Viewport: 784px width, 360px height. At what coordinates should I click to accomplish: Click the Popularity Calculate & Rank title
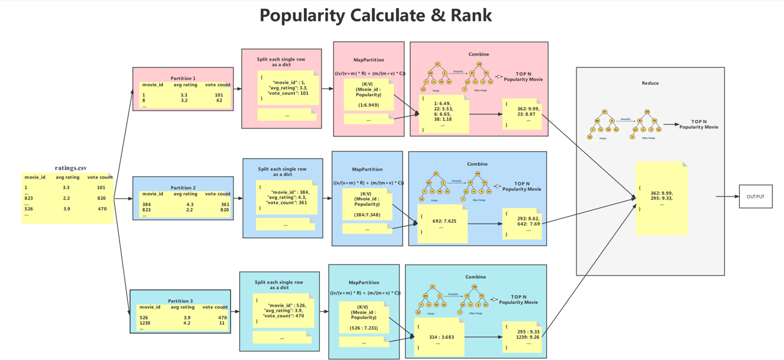coord(375,15)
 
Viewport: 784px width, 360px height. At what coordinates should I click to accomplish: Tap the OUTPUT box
coord(755,197)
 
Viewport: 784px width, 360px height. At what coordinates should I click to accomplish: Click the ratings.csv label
coord(70,168)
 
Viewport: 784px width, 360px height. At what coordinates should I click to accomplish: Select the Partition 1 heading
coord(183,78)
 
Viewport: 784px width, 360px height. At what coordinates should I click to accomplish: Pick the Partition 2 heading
coord(183,188)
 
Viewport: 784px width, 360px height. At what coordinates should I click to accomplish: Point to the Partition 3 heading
coord(180,301)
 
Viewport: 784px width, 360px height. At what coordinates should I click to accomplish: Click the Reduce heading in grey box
coord(650,83)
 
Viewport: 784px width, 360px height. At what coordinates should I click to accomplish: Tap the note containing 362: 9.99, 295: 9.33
coord(661,197)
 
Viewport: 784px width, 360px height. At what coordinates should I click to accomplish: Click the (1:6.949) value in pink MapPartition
coord(368,105)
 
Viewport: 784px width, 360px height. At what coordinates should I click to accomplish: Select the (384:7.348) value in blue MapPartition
coord(367,215)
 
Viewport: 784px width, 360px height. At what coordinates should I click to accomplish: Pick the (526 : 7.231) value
coord(364,328)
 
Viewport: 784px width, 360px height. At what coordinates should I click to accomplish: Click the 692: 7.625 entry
coord(444,221)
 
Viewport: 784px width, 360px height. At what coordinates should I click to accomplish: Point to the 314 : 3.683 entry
coord(441,336)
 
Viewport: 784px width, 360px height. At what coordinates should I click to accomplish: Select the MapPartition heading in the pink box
coord(369,60)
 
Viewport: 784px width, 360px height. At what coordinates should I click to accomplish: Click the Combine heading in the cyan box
coord(475,277)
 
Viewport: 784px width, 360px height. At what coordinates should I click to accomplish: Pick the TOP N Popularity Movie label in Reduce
coord(698,124)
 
